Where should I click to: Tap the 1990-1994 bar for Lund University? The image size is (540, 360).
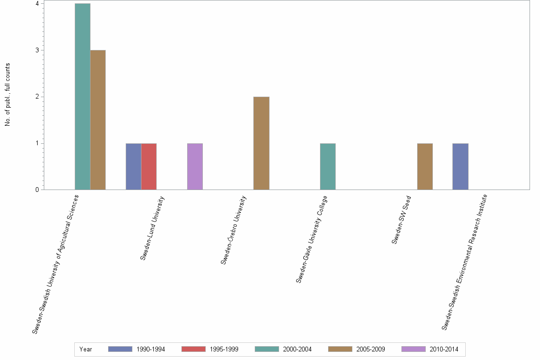click(133, 167)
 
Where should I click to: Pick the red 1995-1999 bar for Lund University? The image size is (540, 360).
click(149, 167)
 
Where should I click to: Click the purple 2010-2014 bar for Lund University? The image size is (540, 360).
click(195, 167)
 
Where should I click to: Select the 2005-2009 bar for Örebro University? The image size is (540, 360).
click(261, 143)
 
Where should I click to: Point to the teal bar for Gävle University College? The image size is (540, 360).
click(328, 167)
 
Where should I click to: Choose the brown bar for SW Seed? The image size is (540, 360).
click(425, 167)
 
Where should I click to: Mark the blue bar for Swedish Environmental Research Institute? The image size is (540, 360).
click(460, 167)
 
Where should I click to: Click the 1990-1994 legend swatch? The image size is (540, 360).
click(120, 349)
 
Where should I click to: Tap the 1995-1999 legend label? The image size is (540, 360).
click(224, 350)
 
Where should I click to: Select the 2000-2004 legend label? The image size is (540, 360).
click(297, 350)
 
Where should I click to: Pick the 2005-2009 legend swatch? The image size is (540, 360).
click(340, 349)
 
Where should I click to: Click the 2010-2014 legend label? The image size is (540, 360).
click(444, 350)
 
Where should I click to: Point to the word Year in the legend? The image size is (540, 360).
click(86, 350)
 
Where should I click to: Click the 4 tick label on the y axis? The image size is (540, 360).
click(37, 4)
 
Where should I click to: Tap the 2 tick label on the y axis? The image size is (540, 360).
click(37, 97)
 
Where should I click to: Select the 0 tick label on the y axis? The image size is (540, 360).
click(37, 190)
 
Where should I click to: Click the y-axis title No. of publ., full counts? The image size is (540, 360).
click(8, 95)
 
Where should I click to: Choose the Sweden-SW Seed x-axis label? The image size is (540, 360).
click(402, 220)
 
